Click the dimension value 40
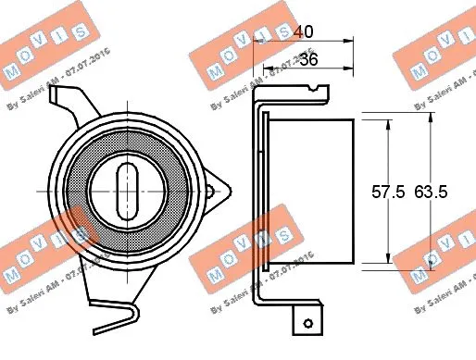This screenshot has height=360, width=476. click(301, 31)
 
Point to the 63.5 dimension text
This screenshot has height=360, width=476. click(430, 192)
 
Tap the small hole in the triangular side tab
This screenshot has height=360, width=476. click(210, 192)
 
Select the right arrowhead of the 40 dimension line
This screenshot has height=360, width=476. click(352, 40)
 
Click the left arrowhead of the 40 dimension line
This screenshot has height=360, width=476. click(256, 40)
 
